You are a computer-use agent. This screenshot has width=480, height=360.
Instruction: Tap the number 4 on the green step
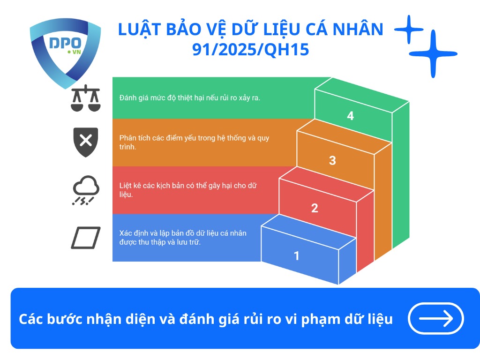click(x=350, y=116)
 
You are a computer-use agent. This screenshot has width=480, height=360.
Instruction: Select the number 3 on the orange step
click(x=332, y=160)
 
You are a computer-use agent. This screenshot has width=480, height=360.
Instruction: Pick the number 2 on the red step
click(x=315, y=208)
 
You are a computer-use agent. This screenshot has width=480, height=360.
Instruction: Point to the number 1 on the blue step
click(x=296, y=255)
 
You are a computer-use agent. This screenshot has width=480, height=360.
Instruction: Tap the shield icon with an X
click(x=85, y=141)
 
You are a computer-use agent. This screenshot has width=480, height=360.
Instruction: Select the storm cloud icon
click(x=85, y=190)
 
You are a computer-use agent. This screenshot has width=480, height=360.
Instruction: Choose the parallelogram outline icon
click(x=85, y=238)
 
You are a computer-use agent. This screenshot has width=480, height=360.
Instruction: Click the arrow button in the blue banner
click(x=436, y=319)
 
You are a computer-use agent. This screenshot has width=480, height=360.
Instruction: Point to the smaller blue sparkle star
click(x=409, y=29)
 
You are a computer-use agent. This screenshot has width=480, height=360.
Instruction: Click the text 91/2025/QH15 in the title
click(x=251, y=49)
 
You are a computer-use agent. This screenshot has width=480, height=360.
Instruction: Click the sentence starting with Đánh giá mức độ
click(x=189, y=98)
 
